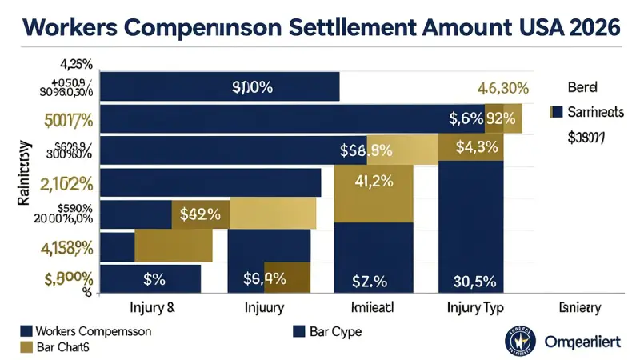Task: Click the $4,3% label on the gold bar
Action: click(x=477, y=147)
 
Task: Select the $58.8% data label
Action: click(x=365, y=150)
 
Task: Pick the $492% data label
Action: click(x=200, y=214)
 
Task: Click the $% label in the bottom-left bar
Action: click(x=154, y=279)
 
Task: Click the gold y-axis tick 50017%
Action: click(x=71, y=122)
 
